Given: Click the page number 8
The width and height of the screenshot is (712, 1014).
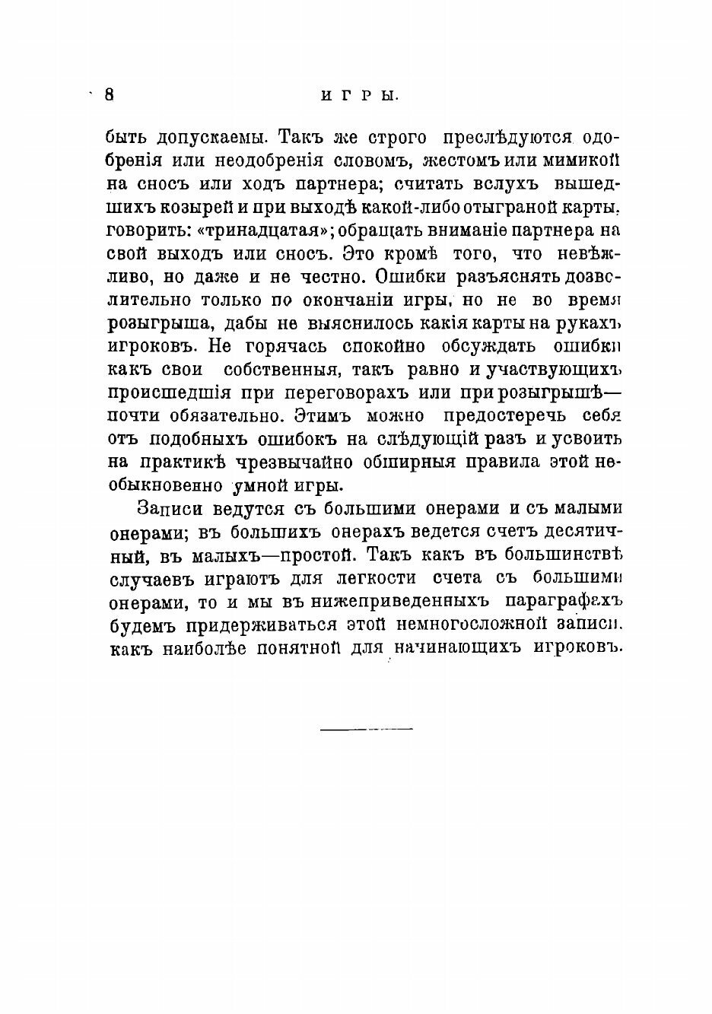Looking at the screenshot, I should (x=109, y=94).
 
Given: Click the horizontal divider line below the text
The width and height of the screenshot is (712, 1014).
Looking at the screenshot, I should (x=366, y=730).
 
